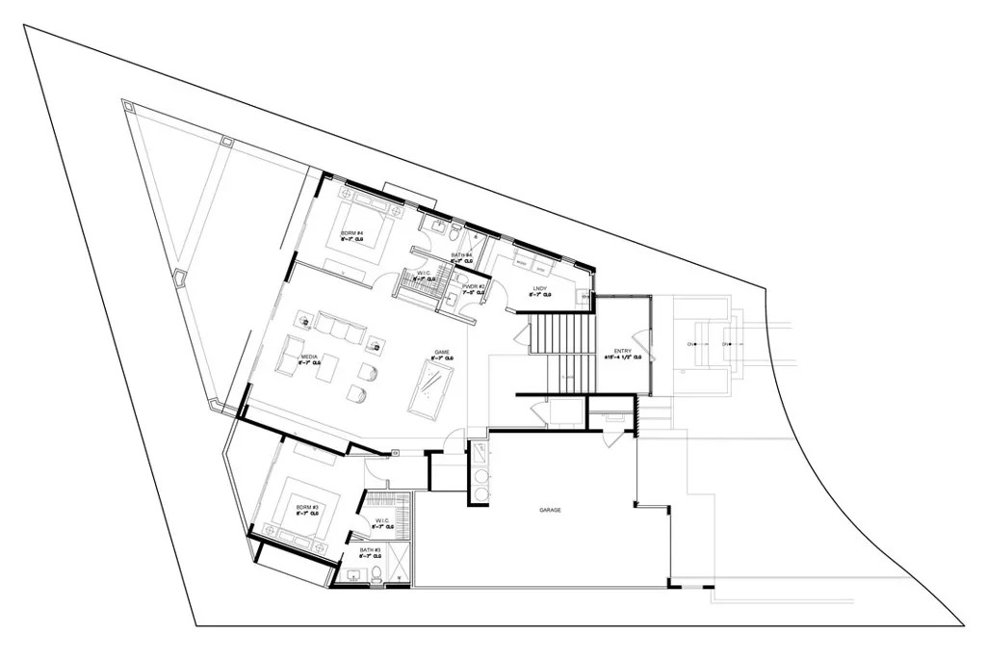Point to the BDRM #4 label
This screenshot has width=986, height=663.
(x=350, y=233)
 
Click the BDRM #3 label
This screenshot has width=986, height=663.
(x=307, y=507)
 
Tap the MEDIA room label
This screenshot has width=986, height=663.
(x=309, y=357)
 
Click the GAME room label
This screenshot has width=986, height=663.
(x=442, y=353)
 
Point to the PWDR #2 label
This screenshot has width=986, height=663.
(x=473, y=287)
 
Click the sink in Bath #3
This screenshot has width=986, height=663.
(x=352, y=576)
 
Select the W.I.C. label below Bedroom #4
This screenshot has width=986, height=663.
(x=424, y=274)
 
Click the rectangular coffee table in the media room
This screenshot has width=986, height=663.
(x=329, y=367)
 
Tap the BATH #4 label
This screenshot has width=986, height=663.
(x=462, y=255)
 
